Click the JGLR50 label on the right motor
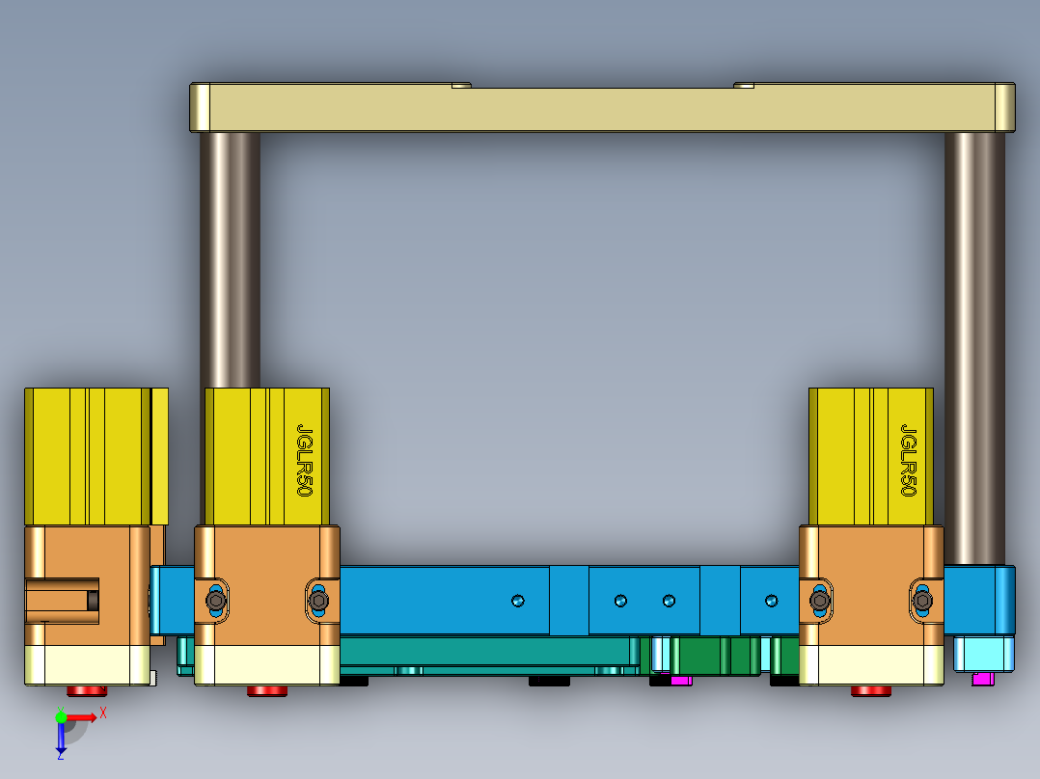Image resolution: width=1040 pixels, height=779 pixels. (x=908, y=460)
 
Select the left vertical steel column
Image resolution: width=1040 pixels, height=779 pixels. (x=230, y=260)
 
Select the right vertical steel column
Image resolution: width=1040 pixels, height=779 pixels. (x=974, y=347)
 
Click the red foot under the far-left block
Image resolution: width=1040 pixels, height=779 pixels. (x=87, y=690)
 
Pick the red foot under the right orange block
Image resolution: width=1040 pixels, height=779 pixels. (x=871, y=690)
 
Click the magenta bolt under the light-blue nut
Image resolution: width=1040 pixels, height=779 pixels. (x=983, y=679)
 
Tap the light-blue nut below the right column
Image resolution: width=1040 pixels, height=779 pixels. (x=983, y=654)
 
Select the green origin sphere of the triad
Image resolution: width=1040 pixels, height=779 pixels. (x=61, y=717)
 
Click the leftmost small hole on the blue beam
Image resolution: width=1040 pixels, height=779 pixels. (x=518, y=601)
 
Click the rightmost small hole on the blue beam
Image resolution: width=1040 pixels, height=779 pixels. (x=771, y=601)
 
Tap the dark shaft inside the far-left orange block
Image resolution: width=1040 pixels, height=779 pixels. (x=93, y=601)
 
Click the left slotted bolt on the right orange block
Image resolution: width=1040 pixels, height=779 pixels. (x=820, y=602)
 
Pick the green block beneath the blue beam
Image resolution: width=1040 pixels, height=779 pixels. (x=714, y=656)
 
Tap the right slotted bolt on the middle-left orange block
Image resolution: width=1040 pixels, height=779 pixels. (x=318, y=602)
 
